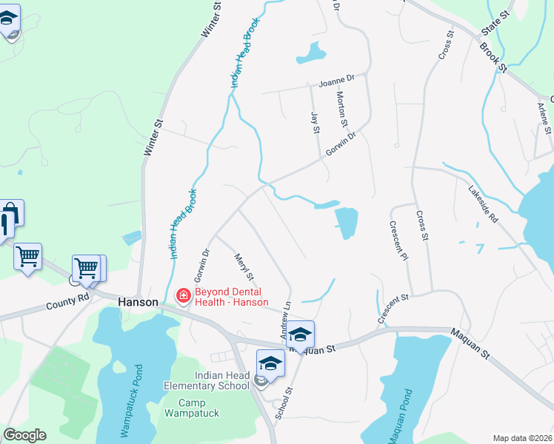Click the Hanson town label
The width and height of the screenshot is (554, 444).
(138, 302)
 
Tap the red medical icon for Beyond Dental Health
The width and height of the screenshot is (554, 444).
(181, 297)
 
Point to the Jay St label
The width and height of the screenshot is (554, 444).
(315, 121)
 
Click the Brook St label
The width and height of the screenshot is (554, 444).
(493, 57)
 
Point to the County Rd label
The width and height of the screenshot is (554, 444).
(67, 302)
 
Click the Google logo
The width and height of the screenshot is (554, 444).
(24, 435)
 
